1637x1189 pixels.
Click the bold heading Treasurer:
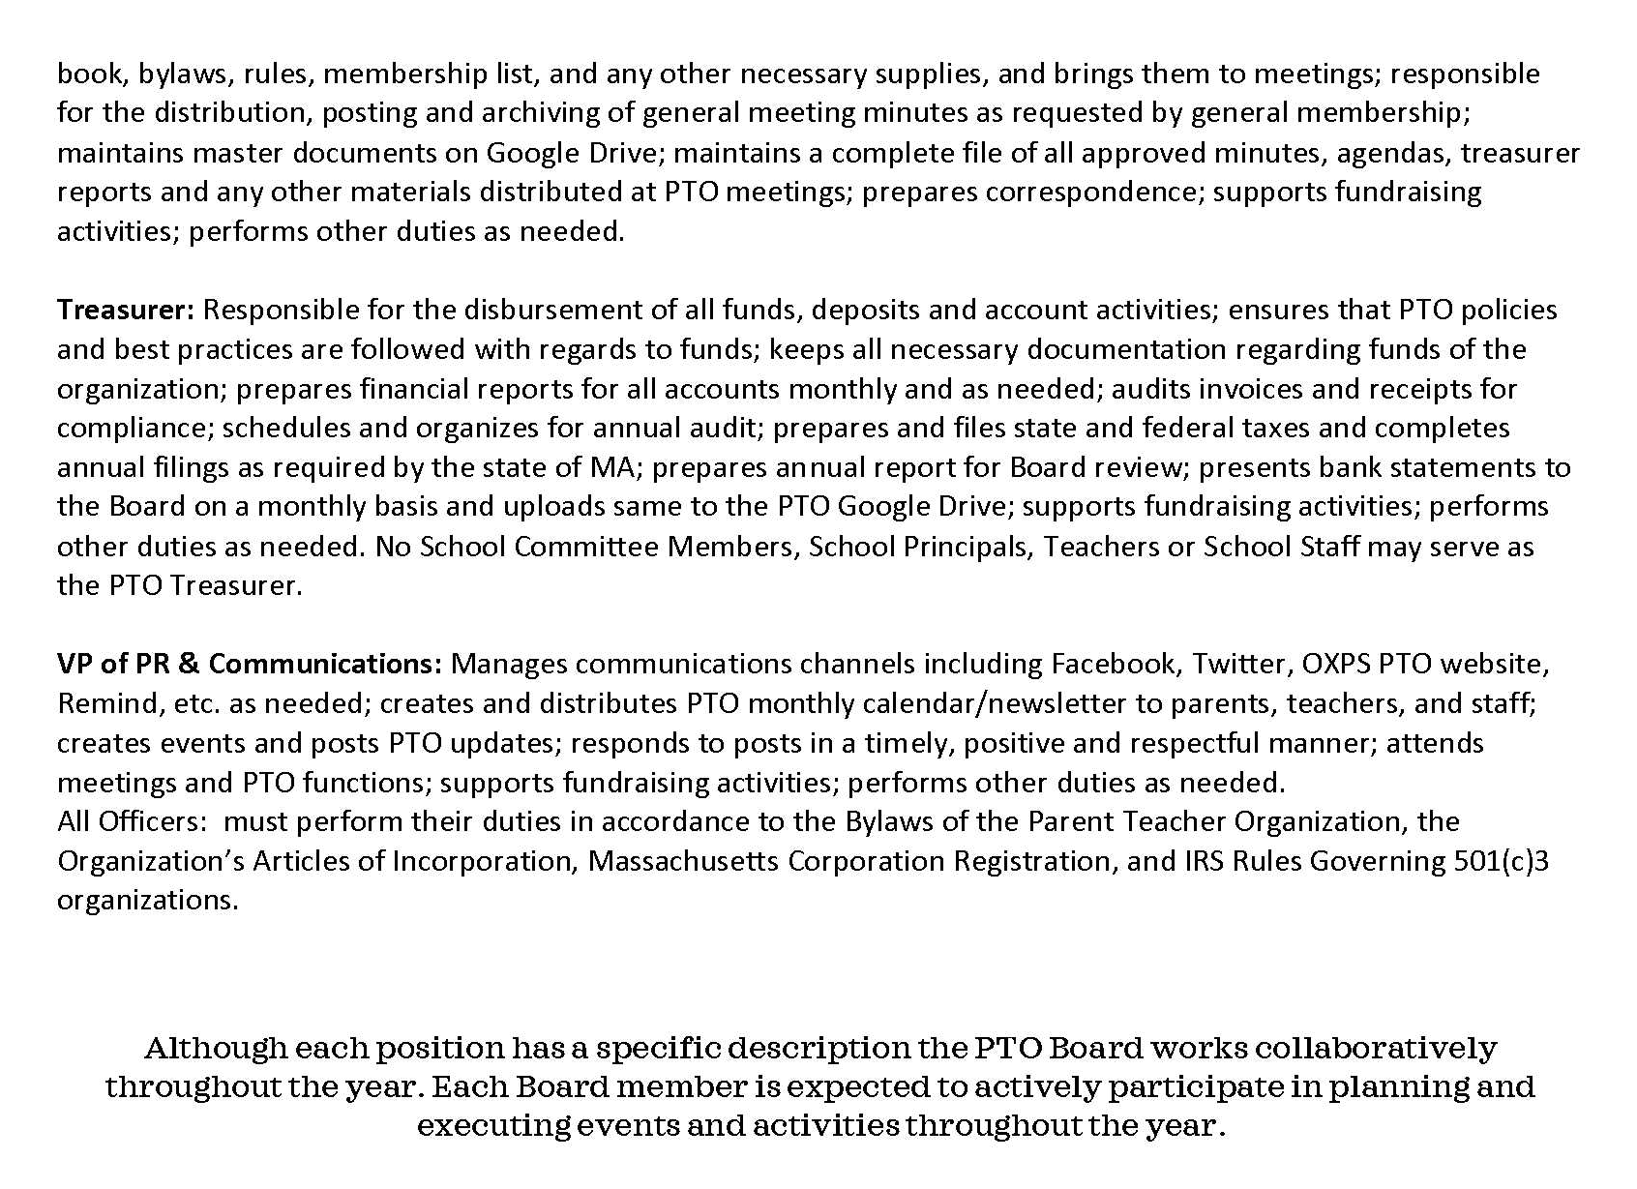pos(126,310)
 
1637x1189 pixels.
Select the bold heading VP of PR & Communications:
pos(250,664)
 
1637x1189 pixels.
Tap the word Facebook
pos(1113,664)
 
